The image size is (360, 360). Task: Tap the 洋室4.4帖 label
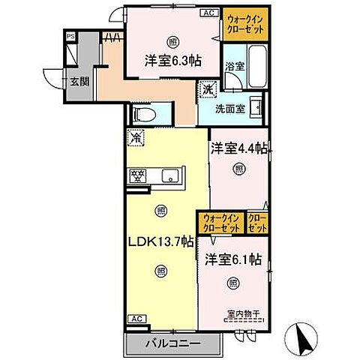coord(238,148)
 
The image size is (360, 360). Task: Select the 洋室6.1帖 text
coord(232,259)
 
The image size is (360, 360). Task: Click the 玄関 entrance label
coord(79,82)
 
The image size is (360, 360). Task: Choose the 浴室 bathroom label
coord(235,66)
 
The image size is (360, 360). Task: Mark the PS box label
coord(70,36)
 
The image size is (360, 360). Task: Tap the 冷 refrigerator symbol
coord(136,137)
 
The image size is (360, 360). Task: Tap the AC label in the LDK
coord(137,319)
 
